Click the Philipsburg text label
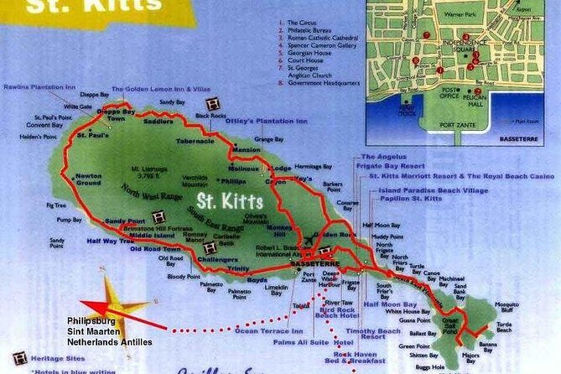(91, 320)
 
